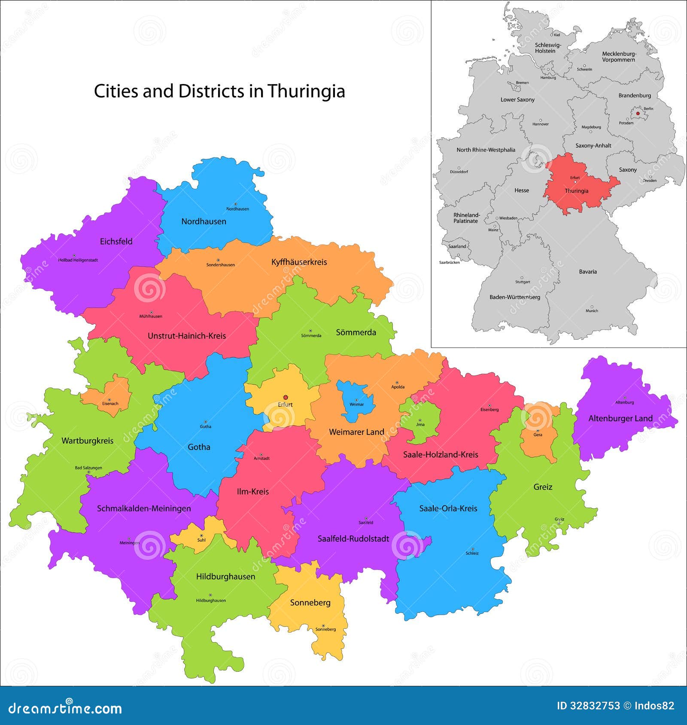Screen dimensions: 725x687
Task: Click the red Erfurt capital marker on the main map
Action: [x=285, y=397]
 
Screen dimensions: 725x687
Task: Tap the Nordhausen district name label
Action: [x=204, y=221]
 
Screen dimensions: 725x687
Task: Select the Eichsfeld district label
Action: [x=116, y=242]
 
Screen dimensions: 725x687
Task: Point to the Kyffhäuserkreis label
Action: [x=299, y=262]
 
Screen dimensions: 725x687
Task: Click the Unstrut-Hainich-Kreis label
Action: [x=186, y=336]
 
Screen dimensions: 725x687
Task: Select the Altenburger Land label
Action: [x=620, y=418]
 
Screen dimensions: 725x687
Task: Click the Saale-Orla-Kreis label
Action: [x=448, y=508]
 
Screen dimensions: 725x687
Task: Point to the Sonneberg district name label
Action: [x=310, y=603]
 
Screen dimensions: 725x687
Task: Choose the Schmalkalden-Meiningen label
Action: [x=144, y=508]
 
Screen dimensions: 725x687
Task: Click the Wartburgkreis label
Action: [x=87, y=441]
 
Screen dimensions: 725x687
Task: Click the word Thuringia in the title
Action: [x=306, y=91]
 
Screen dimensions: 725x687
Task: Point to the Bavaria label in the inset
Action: [x=587, y=272]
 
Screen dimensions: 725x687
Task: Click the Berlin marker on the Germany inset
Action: [x=638, y=114]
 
